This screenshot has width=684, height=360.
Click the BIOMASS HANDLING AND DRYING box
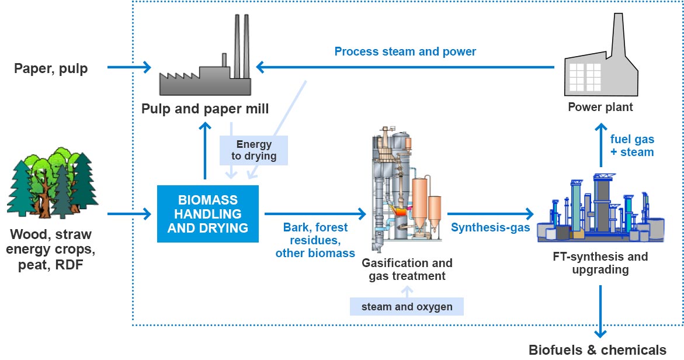pos(207,213)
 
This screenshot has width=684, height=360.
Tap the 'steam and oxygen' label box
pos(407,306)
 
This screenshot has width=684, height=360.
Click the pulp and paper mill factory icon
pos(206,64)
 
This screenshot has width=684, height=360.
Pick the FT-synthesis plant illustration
pos(602,210)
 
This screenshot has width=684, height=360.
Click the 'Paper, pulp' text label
pos(51,69)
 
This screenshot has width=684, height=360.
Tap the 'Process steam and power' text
pos(405,51)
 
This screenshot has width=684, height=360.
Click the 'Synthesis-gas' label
pos(490,228)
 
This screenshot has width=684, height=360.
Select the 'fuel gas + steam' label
pos(632,146)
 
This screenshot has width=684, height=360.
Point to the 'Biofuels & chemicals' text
pos(597,349)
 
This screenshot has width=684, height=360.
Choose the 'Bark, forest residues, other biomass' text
pos(315,240)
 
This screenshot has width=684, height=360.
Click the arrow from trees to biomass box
pos(129,213)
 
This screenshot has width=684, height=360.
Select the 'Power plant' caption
pos(600,108)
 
